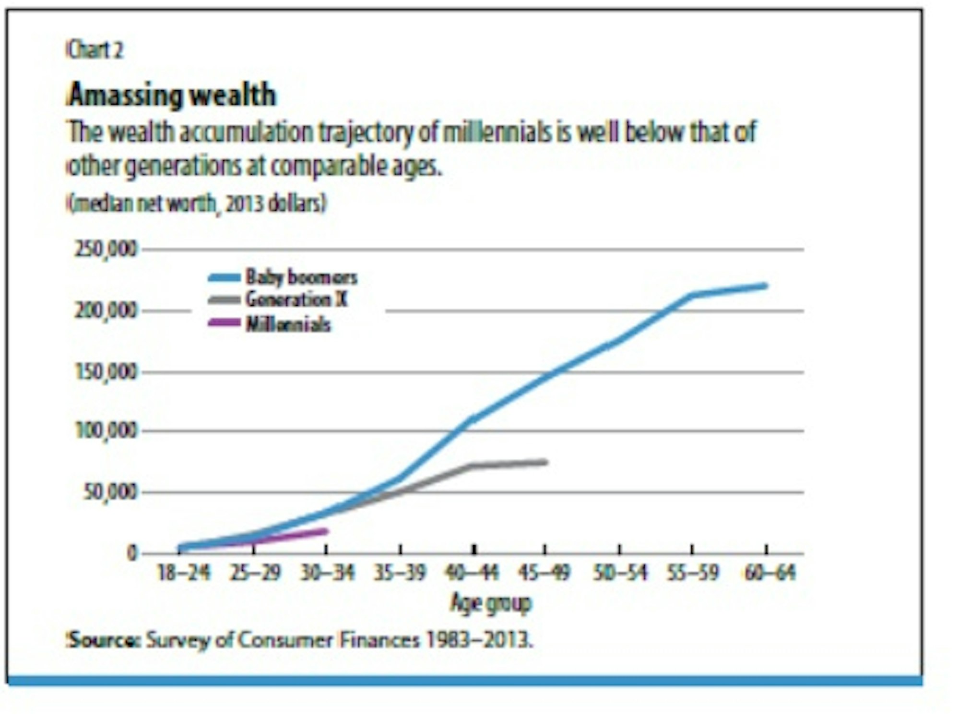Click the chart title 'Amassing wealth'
[172, 95]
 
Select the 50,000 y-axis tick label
[110, 492]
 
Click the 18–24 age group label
[184, 573]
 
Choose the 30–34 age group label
[328, 573]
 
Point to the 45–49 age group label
[545, 573]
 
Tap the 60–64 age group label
[770, 573]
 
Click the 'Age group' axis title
[491, 603]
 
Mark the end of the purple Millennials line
[326, 531]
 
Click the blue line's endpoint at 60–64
[765, 286]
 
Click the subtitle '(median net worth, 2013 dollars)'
[196, 204]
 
